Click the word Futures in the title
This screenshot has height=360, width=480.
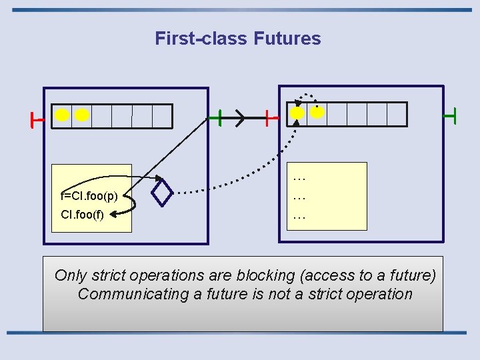[287, 39]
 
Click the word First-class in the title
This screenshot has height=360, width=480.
[201, 39]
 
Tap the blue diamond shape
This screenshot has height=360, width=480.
[162, 193]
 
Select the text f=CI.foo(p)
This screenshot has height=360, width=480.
[89, 197]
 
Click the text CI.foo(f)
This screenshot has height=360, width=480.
[82, 215]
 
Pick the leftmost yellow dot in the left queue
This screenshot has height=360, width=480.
[62, 115]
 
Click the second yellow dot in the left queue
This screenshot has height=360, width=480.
[82, 115]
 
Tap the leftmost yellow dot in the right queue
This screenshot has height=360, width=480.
[297, 113]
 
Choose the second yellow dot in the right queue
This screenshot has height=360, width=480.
[317, 113]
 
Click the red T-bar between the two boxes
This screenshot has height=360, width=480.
[269, 119]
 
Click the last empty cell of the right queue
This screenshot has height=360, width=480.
[397, 114]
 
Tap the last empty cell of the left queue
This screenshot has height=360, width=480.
[162, 116]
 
